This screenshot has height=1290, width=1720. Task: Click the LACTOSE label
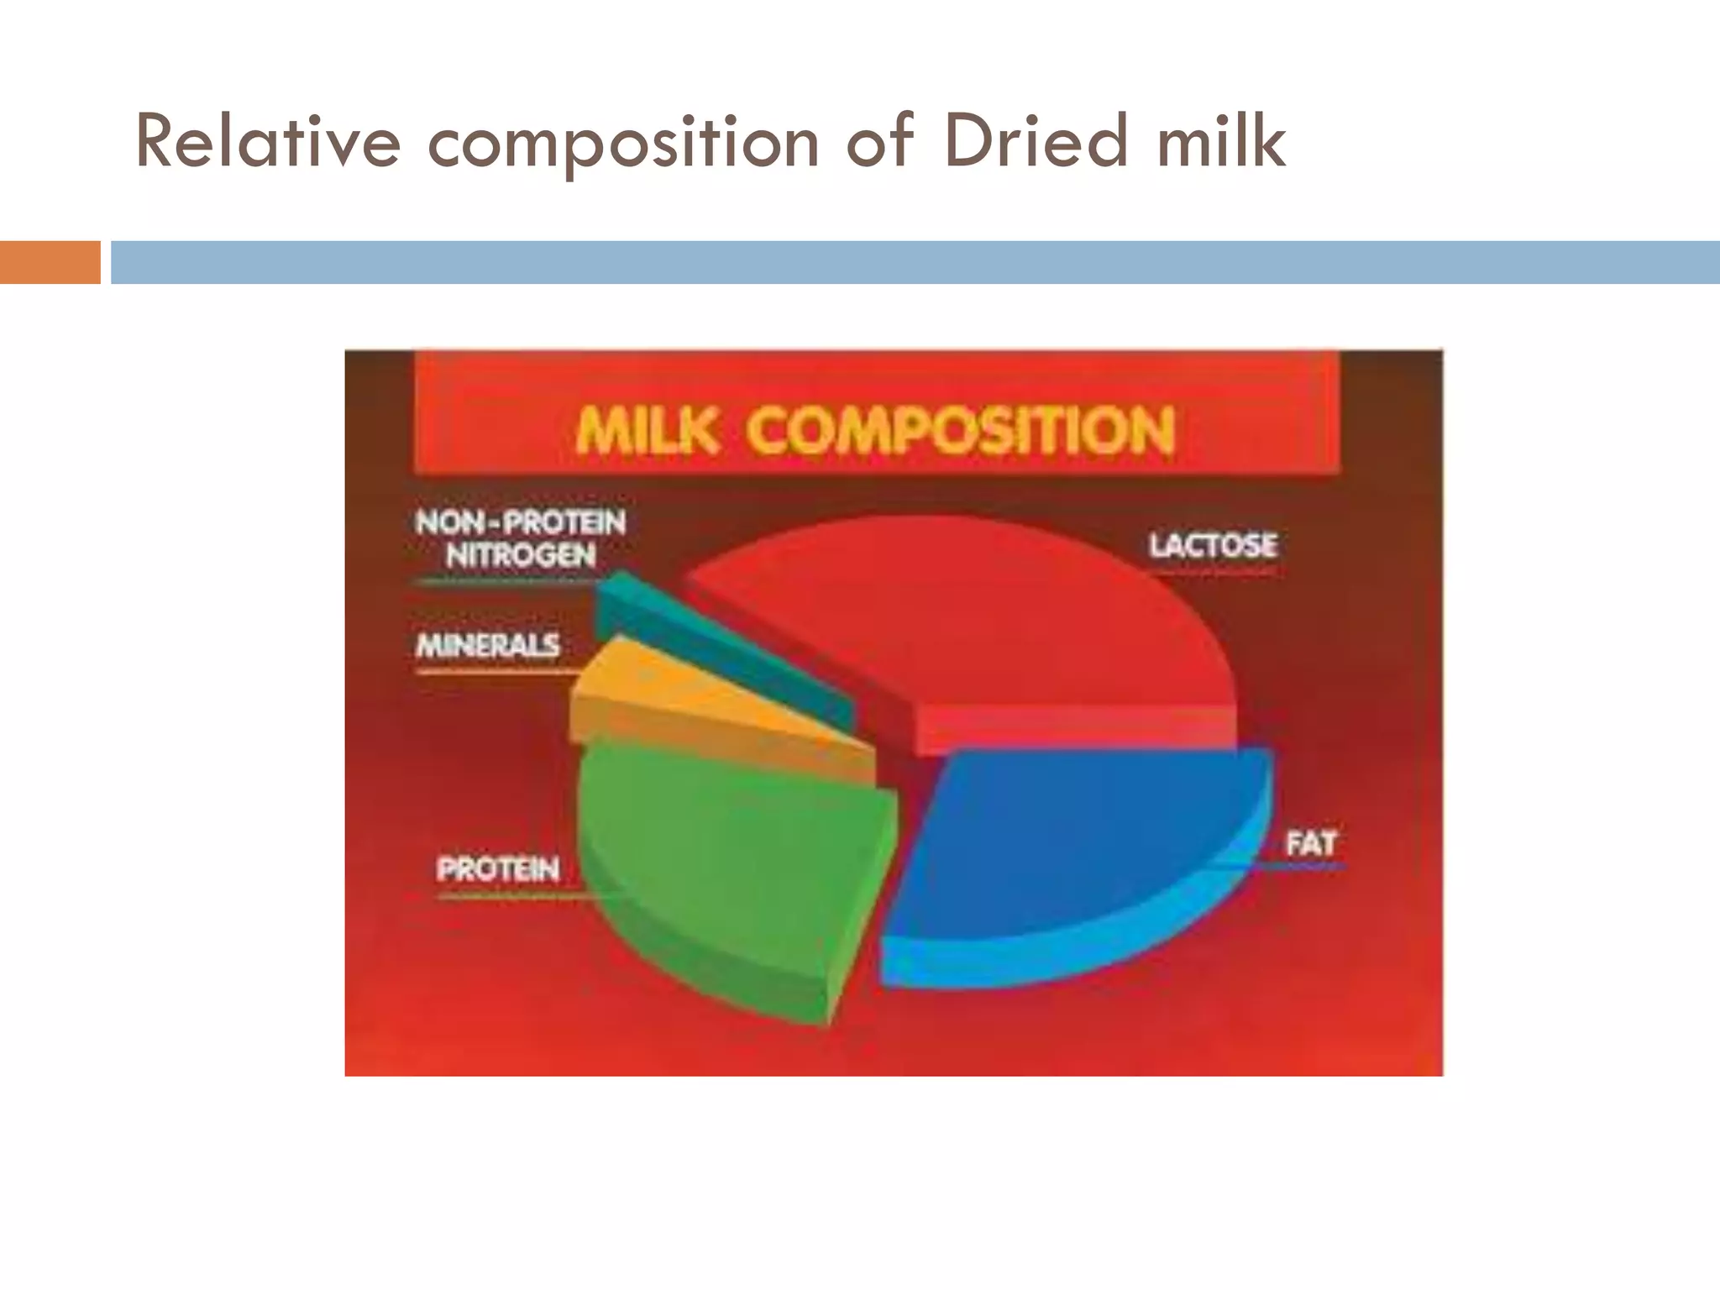(1213, 546)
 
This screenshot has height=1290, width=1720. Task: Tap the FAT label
(1310, 843)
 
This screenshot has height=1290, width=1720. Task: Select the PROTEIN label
(498, 868)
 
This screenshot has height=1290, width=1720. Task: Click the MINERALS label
(488, 645)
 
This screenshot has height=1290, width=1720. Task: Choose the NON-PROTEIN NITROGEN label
(521, 538)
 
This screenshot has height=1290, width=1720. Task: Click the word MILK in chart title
(647, 431)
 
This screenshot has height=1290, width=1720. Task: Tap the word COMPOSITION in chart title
(959, 431)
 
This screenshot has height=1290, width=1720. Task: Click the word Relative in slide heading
(268, 143)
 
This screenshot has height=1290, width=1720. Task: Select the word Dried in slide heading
(1034, 143)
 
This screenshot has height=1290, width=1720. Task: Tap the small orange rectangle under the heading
(50, 262)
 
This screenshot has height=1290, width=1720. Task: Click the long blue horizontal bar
(915, 262)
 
